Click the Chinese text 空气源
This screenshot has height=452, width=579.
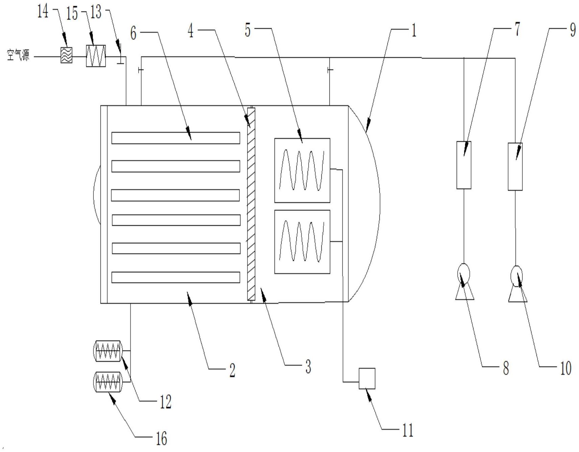tap(18, 55)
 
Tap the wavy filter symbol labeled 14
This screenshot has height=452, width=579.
tap(66, 55)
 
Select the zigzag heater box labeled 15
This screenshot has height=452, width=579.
tap(96, 56)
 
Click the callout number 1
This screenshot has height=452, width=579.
tap(414, 30)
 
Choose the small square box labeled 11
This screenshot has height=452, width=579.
tap(367, 378)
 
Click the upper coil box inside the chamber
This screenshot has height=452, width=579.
tap(302, 170)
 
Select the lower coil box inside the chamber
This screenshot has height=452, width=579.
tap(302, 242)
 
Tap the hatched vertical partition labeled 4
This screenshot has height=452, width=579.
tap(251, 204)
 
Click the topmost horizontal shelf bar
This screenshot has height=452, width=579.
tap(176, 138)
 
